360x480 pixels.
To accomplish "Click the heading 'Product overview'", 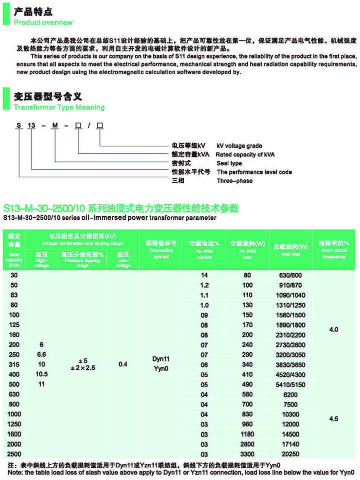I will (43, 22).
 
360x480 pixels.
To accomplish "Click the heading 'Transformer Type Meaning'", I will (59, 107).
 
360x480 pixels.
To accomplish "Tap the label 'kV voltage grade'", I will (239, 146).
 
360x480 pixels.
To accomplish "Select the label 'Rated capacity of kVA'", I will (245, 154).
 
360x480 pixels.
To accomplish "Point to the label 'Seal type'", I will (229, 163).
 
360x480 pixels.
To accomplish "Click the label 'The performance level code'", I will (254, 172).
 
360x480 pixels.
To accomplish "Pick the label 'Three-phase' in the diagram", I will (234, 180).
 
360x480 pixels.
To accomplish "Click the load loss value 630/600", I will (290, 275).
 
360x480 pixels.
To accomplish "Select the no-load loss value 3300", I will (247, 455).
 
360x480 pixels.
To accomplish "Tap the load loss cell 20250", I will (290, 455).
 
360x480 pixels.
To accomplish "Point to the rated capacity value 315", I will (14, 364).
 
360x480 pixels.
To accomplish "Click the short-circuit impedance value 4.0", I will (333, 330).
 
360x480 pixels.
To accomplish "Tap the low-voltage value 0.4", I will (122, 364).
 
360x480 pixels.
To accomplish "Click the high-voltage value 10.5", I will (41, 374).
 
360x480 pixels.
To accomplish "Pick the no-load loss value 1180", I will (247, 435).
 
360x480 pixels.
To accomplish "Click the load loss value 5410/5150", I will (290, 385).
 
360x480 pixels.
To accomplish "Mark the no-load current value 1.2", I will (203, 285).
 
